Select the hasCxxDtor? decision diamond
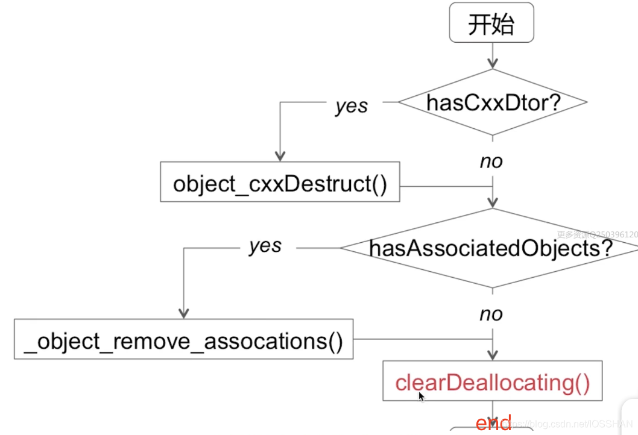coord(493,102)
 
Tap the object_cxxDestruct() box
coord(280,183)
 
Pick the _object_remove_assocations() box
coord(184,342)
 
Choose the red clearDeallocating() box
coord(493,382)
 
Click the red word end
coord(493,424)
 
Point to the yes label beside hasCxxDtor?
coord(352,106)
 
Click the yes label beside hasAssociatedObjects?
coord(265,246)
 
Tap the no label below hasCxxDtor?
coord(491,161)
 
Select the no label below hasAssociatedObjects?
coord(491,314)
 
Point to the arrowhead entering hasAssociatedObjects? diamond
coord(493,203)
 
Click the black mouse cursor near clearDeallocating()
coord(422,397)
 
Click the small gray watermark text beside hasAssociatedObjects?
coord(597,234)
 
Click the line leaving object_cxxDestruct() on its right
coord(446,186)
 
